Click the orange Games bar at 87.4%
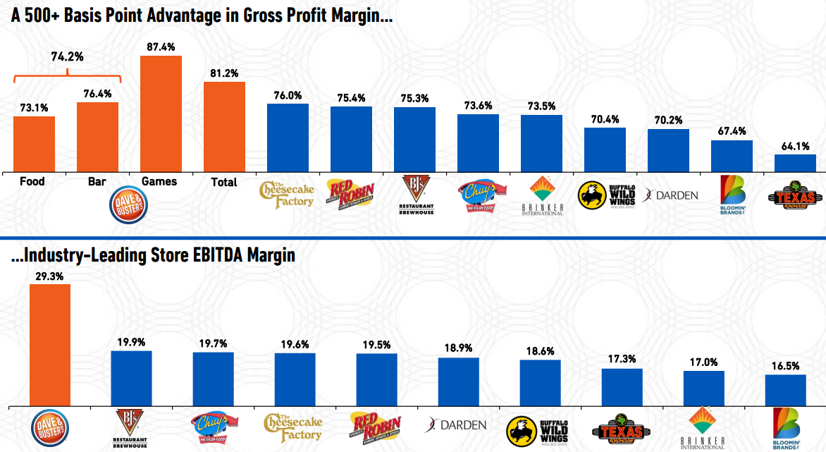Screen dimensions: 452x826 [x=161, y=113]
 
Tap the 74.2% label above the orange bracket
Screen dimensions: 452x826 [x=68, y=56]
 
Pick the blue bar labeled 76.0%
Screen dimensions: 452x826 [x=288, y=137]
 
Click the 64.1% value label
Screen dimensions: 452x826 [x=795, y=147]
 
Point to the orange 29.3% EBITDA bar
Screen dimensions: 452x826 [x=49, y=345]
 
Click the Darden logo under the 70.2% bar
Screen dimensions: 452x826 [x=669, y=195]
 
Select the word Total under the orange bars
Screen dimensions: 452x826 [x=224, y=182]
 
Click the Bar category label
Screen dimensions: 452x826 [x=97, y=182]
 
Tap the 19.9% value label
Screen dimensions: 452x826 [x=131, y=343]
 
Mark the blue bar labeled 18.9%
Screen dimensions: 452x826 [x=458, y=381]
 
